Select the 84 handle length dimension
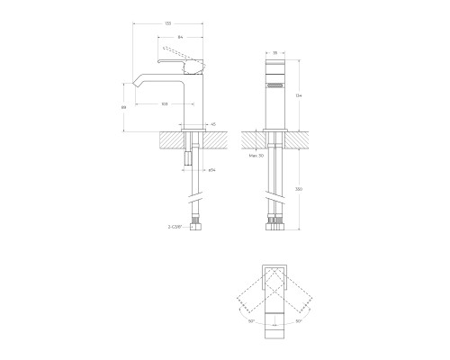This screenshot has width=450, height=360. click(181, 38)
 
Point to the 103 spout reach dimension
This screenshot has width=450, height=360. click(165, 104)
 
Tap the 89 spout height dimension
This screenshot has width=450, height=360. click(123, 106)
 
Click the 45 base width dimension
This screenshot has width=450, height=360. click(212, 124)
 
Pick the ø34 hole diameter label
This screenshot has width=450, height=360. click(211, 169)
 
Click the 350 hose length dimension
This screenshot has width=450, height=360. click(298, 190)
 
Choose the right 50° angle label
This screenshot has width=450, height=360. click(298, 320)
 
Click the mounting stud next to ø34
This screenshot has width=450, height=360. click(189, 159)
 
